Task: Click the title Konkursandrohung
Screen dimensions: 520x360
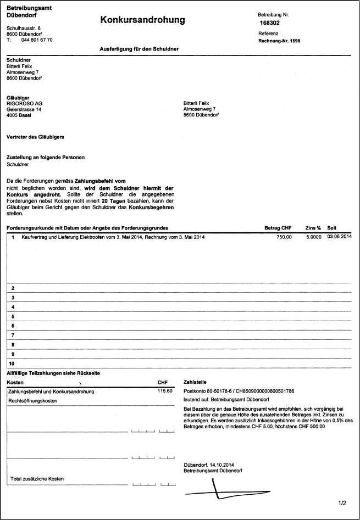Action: (142, 20)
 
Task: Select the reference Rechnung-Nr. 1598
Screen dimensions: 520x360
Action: (280, 41)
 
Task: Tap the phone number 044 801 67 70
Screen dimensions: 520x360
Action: (37, 40)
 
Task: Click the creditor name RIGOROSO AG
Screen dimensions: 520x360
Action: (24, 103)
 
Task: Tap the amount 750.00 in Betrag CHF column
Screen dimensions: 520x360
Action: (284, 237)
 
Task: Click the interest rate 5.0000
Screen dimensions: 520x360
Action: (313, 237)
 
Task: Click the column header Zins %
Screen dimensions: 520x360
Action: (313, 227)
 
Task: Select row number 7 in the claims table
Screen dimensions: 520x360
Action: (12, 334)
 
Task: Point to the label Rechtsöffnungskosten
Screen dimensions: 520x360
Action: (33, 401)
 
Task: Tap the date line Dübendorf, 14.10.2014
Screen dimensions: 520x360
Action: (211, 465)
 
